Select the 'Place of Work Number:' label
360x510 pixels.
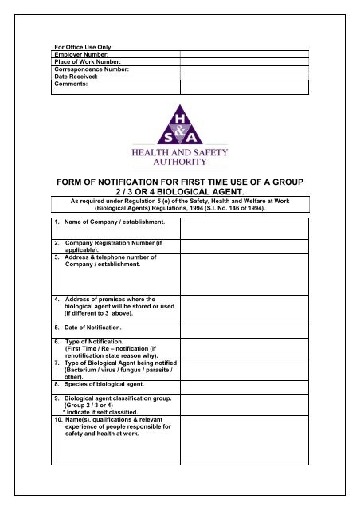tap(86, 62)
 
